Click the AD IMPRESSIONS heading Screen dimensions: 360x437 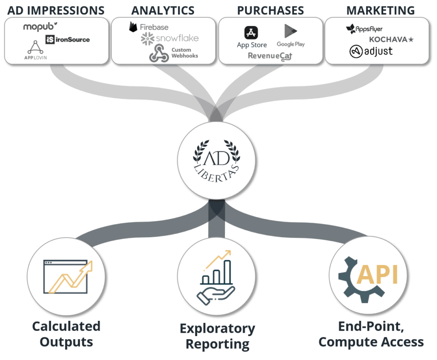[56, 10]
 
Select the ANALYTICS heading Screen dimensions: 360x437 [163, 10]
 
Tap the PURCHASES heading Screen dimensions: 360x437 [271, 10]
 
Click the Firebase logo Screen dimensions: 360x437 [149, 27]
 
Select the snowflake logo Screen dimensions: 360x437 [169, 38]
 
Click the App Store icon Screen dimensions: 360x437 [251, 32]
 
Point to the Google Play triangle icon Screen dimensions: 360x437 [291, 31]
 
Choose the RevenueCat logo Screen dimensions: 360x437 [270, 56]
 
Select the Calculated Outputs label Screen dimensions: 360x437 [67, 334]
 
